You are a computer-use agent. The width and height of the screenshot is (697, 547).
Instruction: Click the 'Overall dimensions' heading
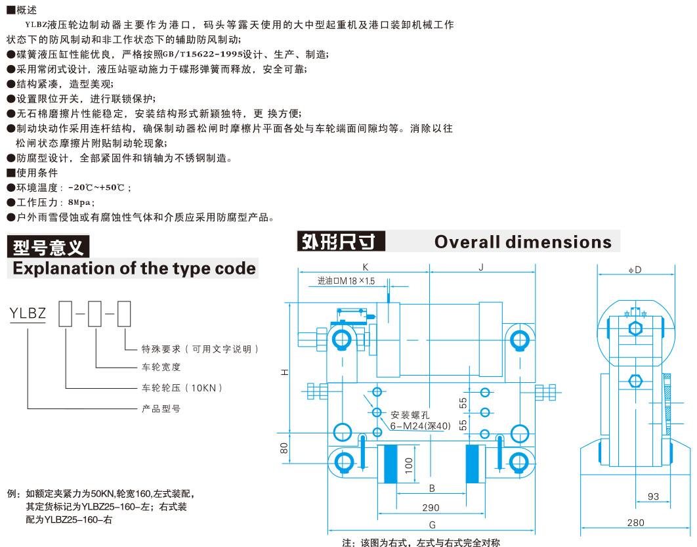[522, 242]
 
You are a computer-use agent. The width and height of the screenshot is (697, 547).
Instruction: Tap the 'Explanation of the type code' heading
[135, 269]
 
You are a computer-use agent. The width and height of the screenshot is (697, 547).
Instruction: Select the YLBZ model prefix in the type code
[28, 313]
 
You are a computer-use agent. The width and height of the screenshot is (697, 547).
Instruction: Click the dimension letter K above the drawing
[366, 267]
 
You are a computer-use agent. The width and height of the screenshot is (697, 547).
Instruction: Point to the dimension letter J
[481, 267]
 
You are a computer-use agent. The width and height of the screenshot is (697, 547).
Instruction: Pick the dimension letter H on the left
[284, 372]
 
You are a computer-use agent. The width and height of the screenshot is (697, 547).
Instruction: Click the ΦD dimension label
[635, 270]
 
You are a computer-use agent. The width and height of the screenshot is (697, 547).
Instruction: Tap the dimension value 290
[431, 508]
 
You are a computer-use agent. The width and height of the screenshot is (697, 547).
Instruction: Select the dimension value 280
[636, 523]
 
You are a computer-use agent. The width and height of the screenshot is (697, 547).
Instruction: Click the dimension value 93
[653, 496]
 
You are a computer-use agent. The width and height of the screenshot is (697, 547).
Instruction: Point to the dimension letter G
[432, 525]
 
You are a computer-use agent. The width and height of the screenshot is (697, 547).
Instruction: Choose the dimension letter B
[432, 489]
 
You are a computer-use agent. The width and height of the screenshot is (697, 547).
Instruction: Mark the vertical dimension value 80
[284, 448]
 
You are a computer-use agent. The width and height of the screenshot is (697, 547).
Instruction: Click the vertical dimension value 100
[409, 465]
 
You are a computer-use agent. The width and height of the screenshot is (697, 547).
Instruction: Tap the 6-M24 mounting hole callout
[421, 426]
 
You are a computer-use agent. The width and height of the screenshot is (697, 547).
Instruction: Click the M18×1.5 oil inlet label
[347, 281]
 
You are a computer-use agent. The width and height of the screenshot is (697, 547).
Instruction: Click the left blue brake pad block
[391, 464]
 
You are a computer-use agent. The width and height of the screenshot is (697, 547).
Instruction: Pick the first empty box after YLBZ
[66, 314]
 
